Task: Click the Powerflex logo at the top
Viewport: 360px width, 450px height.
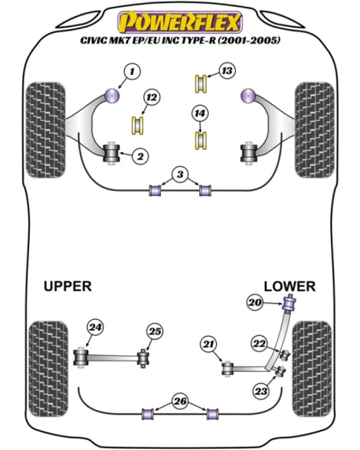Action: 180,22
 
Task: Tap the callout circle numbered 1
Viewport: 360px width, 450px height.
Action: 132,71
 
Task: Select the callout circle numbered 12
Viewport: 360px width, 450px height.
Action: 152,97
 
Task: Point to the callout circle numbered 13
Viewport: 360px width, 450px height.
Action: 227,70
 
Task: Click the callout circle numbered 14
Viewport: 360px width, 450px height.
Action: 200,113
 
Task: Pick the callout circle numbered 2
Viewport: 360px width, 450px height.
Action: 140,156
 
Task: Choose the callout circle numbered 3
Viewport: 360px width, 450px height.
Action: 180,174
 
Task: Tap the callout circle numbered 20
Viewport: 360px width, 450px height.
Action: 255,302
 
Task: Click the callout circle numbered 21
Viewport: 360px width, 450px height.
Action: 209,344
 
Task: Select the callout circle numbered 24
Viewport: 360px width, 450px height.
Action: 96,328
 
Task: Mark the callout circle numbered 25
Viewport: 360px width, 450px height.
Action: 155,331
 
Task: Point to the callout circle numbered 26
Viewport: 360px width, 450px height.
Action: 181,401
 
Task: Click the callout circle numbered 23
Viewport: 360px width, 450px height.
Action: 261,391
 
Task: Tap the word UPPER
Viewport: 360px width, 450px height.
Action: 68,286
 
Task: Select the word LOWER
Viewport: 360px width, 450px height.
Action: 290,286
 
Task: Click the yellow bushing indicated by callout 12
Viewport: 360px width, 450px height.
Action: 138,126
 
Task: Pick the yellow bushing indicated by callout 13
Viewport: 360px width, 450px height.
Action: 201,84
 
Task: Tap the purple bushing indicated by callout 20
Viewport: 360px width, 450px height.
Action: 290,305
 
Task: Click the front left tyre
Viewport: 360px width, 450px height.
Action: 46,130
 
